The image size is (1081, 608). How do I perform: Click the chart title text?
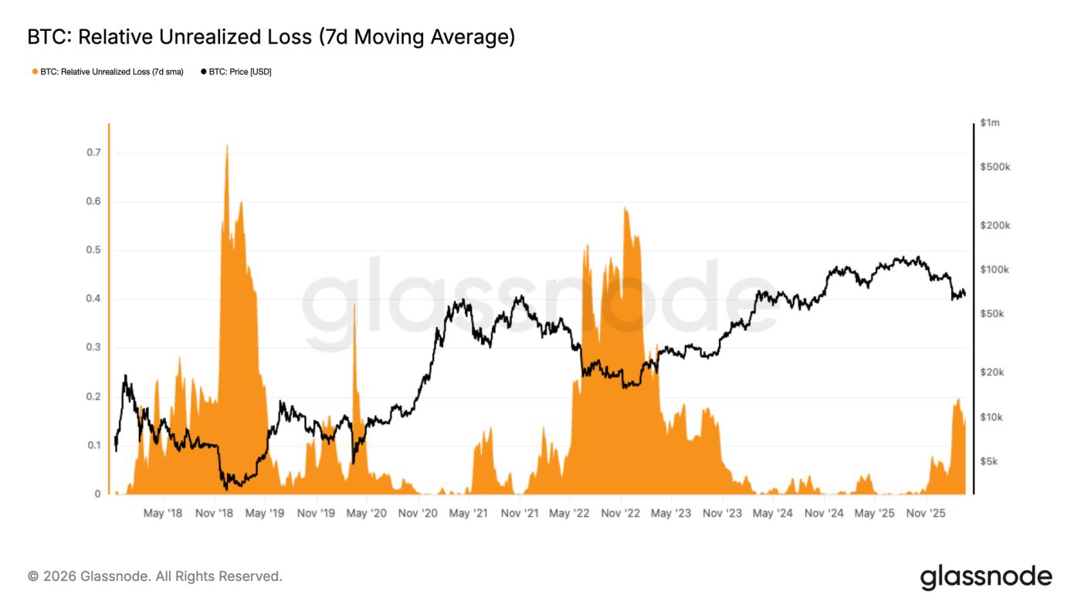[x=271, y=37]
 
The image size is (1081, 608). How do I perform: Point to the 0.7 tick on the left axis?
[x=93, y=153]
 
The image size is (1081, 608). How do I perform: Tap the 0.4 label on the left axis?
[x=93, y=299]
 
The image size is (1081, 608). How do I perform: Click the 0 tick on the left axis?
[x=97, y=494]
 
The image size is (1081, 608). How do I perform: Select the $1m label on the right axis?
[x=989, y=123]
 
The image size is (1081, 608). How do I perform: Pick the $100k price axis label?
[x=995, y=270]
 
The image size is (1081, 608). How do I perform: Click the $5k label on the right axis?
[x=989, y=461]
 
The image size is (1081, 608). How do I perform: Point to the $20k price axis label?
[x=992, y=372]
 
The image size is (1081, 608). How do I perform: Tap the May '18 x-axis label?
[x=163, y=513]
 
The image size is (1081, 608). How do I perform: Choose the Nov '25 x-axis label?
[x=925, y=513]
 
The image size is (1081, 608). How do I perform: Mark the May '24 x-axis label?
[x=773, y=513]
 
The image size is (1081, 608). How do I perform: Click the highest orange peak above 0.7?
[x=226, y=146]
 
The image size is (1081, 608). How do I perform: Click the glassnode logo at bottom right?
[x=986, y=577]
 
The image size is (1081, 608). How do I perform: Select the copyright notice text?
[x=155, y=576]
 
